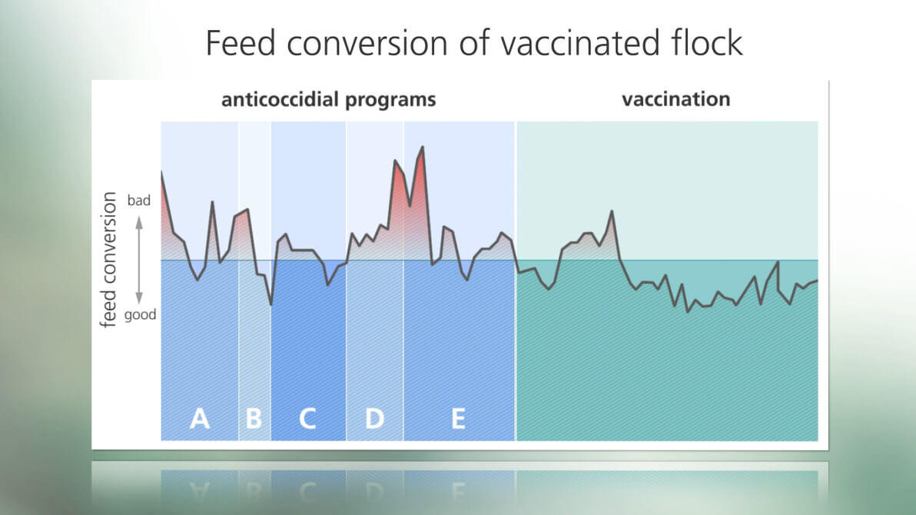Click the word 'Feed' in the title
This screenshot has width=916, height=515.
pos(240,43)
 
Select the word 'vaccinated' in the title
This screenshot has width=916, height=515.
pos(572,43)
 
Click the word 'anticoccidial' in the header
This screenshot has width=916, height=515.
pos(280,99)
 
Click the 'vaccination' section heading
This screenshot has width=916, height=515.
pos(676,99)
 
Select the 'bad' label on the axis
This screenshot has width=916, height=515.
pos(138,201)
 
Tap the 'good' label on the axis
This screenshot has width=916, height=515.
pos(140,315)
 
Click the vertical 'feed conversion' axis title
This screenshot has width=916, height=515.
pos(108,260)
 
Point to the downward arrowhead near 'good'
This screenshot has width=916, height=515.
pos(139,298)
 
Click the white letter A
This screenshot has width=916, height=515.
pos(200,419)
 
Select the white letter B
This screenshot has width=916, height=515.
pos(254,419)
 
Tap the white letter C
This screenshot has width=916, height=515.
pos(307,419)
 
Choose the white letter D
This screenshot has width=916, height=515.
pos(374,419)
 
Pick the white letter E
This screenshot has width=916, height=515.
pos(459,419)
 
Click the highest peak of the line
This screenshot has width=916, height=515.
pos(423,147)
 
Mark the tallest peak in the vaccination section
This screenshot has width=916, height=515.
pos(612,211)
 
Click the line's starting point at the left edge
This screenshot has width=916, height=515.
pos(162,171)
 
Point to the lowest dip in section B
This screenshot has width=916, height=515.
pos(271,304)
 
